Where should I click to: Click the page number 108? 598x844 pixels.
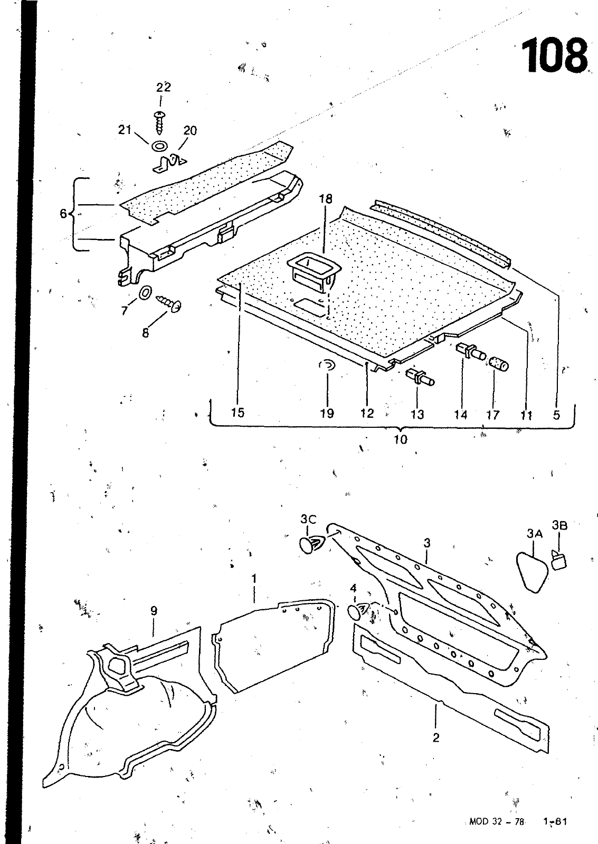click(554, 55)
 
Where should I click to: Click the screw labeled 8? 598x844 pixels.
click(170, 303)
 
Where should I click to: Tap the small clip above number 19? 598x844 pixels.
click(328, 366)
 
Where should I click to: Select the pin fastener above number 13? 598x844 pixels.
click(420, 377)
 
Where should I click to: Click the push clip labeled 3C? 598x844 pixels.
click(311, 544)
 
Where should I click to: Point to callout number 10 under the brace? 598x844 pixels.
click(401, 439)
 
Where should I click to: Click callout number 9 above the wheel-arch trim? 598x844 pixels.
click(154, 611)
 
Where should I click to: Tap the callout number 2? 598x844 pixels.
click(436, 737)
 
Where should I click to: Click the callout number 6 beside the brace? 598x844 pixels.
click(63, 214)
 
